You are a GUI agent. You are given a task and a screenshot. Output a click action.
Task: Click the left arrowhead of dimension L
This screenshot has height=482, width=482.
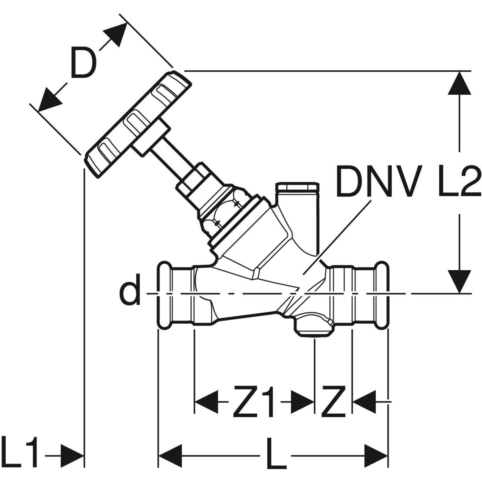pos(170,456)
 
